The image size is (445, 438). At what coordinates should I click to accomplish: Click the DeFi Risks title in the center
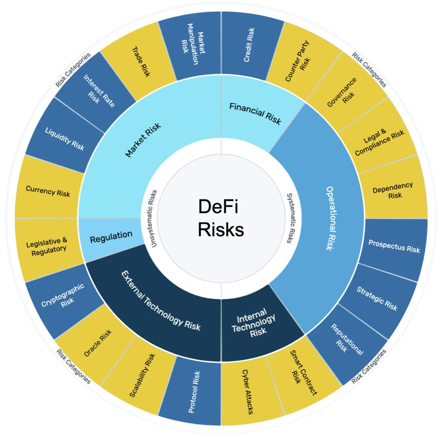(221, 218)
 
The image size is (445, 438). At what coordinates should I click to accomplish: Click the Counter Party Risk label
(297, 61)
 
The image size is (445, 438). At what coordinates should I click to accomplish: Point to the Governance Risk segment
(346, 93)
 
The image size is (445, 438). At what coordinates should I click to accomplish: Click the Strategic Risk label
(377, 298)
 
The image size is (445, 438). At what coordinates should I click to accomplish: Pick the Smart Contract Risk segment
(303, 375)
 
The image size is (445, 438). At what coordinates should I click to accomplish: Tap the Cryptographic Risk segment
(63, 298)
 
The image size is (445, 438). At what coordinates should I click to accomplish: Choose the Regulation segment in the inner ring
(111, 239)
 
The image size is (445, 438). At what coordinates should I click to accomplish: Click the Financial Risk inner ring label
(255, 113)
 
